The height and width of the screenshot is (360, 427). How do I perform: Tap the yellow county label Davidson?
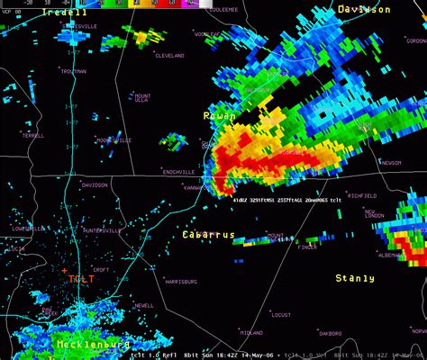pyautogui.click(x=364, y=9)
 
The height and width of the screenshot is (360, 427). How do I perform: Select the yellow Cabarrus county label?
pyautogui.click(x=208, y=235)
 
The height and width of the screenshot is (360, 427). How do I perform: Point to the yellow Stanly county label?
pyautogui.click(x=355, y=279)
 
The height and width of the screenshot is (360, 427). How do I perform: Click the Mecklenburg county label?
pyautogui.click(x=93, y=345)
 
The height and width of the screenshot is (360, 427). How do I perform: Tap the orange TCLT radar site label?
pyautogui.click(x=81, y=279)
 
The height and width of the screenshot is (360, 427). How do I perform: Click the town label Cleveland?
pyautogui.click(x=169, y=56)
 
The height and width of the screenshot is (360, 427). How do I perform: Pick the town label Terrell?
pyautogui.click(x=33, y=135)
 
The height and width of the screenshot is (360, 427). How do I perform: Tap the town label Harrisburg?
pyautogui.click(x=181, y=282)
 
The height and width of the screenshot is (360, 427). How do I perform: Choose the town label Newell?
pyautogui.click(x=143, y=306)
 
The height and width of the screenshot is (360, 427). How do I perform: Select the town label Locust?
pyautogui.click(x=280, y=315)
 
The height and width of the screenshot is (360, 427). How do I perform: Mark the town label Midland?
pyautogui.click(x=251, y=332)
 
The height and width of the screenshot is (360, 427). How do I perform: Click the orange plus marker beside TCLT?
pyautogui.click(x=64, y=270)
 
